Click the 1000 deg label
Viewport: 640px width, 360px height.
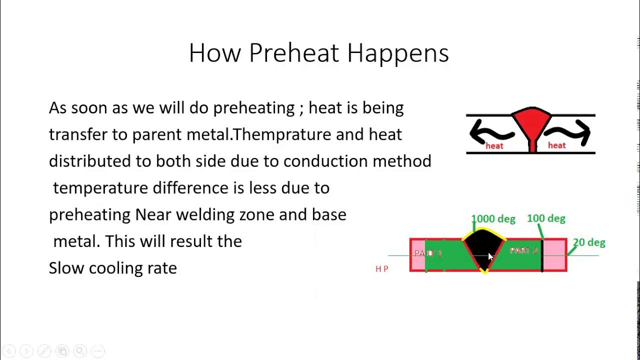click(x=493, y=219)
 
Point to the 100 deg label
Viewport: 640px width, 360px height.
click(x=546, y=218)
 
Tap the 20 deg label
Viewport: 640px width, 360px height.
click(x=589, y=242)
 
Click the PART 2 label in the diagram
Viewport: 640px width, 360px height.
click(x=523, y=250)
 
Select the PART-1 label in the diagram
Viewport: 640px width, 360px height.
click(x=428, y=253)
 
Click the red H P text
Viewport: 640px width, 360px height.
click(x=382, y=269)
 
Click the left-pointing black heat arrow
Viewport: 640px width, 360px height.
click(x=490, y=132)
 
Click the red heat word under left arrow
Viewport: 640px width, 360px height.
click(x=494, y=146)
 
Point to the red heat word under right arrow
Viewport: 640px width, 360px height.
click(x=556, y=145)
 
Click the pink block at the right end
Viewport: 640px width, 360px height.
click(x=554, y=255)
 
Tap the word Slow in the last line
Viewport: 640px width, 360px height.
click(x=66, y=268)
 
